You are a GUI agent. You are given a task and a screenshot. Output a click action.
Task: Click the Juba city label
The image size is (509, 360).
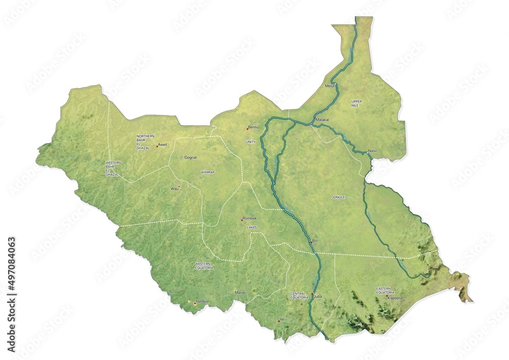click(x=319, y=296)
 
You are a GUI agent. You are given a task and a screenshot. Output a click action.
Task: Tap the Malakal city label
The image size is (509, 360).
click(x=322, y=120)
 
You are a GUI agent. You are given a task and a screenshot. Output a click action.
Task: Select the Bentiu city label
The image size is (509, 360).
click(x=253, y=127)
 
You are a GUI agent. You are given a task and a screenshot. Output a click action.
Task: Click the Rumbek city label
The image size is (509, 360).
click(x=249, y=218)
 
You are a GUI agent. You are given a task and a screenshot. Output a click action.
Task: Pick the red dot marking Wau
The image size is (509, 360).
click(x=179, y=186)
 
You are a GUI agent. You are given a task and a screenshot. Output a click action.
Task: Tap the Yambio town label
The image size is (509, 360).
click(x=202, y=301)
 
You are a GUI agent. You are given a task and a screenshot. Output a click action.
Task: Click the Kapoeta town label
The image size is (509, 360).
click(x=395, y=298)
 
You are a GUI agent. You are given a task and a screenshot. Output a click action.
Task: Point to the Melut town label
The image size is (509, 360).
click(x=330, y=86)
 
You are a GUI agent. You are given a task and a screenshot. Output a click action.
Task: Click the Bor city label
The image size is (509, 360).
click(x=315, y=240)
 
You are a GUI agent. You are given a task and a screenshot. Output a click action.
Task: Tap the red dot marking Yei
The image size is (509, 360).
click(x=279, y=321)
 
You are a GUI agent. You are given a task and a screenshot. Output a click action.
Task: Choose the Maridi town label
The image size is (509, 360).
click(x=240, y=293)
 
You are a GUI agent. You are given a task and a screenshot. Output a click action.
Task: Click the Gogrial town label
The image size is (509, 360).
click(x=190, y=157)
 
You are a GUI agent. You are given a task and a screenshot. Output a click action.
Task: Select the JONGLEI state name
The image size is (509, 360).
click(x=338, y=197)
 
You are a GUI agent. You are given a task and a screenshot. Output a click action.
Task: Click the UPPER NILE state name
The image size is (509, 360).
click(x=356, y=103)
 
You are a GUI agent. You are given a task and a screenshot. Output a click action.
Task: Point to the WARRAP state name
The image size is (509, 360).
click(x=208, y=173)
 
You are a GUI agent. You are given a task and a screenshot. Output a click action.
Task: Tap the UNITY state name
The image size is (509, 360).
click(x=251, y=142)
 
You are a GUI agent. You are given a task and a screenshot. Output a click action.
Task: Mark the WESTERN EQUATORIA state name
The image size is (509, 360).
click(x=205, y=265)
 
